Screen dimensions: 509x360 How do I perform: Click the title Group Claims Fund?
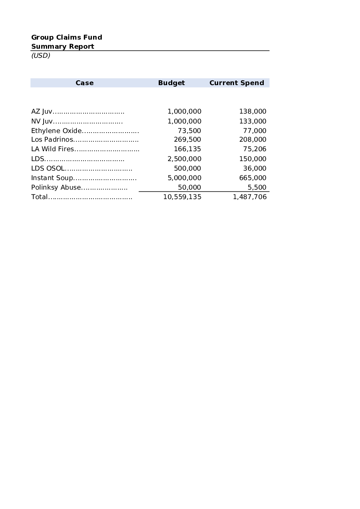pos(67,37)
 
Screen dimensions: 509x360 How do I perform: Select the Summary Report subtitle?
pos(63,46)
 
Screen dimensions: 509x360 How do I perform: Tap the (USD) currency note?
pos(41,55)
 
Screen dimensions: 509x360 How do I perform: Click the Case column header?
pos(84,83)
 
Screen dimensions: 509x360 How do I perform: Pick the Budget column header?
pos(171,83)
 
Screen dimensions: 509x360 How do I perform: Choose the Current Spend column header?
pos(236,83)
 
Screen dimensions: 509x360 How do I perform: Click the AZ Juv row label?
pos(42,112)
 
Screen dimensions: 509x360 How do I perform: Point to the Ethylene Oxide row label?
pos(56,131)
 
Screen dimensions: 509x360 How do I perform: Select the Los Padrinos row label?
pos(52,139)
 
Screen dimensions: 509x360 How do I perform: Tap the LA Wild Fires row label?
pos(53,149)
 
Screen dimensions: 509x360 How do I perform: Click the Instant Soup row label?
pos(52,178)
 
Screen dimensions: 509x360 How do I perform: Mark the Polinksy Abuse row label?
pos(56,187)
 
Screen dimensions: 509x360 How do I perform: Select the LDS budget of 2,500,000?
pos(184,159)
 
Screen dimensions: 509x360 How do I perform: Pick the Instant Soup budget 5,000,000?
pos(184,178)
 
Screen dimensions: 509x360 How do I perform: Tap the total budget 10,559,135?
pos(182,197)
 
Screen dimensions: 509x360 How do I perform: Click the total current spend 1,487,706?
pos(250,197)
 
